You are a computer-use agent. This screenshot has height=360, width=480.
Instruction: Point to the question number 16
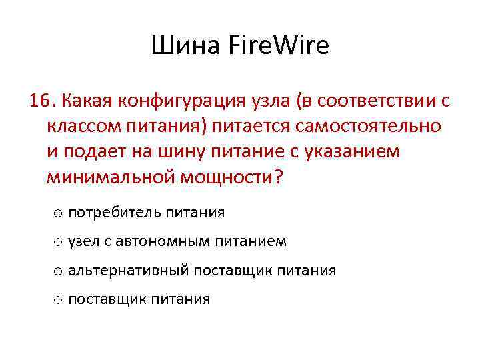tap(41, 101)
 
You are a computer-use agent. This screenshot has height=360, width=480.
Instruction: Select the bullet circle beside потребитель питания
tap(58, 213)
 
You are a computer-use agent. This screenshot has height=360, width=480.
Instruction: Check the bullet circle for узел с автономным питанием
tap(58, 242)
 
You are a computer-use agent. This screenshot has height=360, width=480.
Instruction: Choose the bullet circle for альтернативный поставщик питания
tap(58, 271)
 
